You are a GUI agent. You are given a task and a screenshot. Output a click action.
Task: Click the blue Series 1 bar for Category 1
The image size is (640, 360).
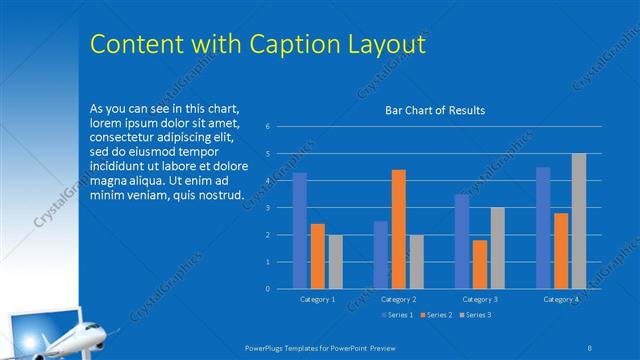point(300,231)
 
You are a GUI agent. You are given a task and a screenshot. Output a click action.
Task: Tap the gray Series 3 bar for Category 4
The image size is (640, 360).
point(579,221)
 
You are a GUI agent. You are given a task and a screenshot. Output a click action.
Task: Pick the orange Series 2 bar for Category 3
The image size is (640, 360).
point(480,264)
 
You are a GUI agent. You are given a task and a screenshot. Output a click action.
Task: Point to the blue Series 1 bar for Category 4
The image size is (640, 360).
point(543,228)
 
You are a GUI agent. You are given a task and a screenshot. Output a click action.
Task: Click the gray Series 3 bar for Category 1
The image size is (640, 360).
point(335,262)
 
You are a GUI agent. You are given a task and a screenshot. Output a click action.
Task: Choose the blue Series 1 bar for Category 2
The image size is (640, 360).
point(381,255)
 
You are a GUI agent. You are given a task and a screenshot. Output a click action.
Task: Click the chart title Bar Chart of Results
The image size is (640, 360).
point(435,110)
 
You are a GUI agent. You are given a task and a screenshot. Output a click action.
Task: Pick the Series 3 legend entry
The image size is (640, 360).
point(476,315)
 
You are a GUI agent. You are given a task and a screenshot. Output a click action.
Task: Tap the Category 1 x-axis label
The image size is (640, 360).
point(318,299)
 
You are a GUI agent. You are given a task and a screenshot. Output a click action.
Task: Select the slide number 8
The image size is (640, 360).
point(591,346)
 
